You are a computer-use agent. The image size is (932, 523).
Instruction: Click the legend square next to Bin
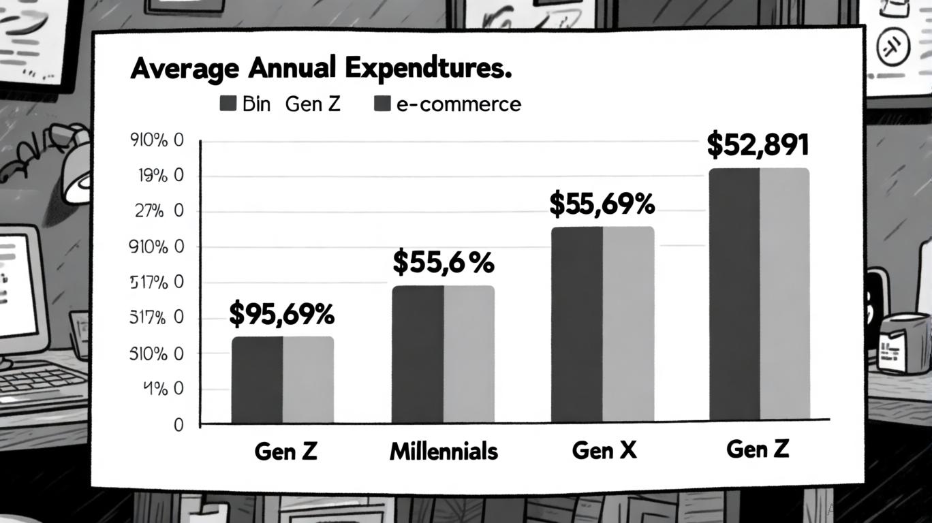pyautogui.click(x=228, y=104)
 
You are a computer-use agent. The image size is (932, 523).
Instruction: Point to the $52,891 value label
pyautogui.click(x=758, y=145)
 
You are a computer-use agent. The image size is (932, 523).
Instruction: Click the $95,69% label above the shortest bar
pyautogui.click(x=282, y=314)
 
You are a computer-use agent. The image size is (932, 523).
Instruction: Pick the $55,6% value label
pyautogui.click(x=443, y=263)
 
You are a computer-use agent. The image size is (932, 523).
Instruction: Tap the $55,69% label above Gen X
pyautogui.click(x=602, y=204)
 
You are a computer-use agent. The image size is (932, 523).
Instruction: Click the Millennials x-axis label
pyautogui.click(x=444, y=451)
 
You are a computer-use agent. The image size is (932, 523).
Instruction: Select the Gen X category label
pyautogui.click(x=604, y=450)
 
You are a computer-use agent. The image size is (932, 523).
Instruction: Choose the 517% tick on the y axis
pyautogui.click(x=156, y=283)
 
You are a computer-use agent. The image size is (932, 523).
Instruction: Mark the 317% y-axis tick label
pyautogui.click(x=156, y=318)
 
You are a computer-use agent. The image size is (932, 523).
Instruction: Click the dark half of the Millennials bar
pyautogui.click(x=418, y=353)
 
